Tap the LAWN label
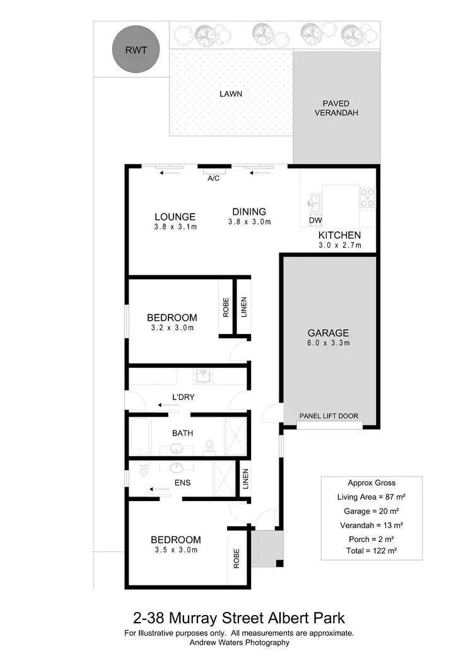[x=231, y=94]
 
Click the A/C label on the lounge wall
[x=213, y=179]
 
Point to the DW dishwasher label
[x=315, y=221]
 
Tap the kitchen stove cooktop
[x=367, y=198]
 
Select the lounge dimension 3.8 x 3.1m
[x=175, y=227]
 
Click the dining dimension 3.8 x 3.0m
[x=249, y=222]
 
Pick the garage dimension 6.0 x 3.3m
[x=328, y=343]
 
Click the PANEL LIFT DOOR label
[x=329, y=416]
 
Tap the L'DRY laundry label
[x=182, y=398]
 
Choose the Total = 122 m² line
[x=370, y=551]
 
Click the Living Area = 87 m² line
[x=370, y=497]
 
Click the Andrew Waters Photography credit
[x=239, y=643]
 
